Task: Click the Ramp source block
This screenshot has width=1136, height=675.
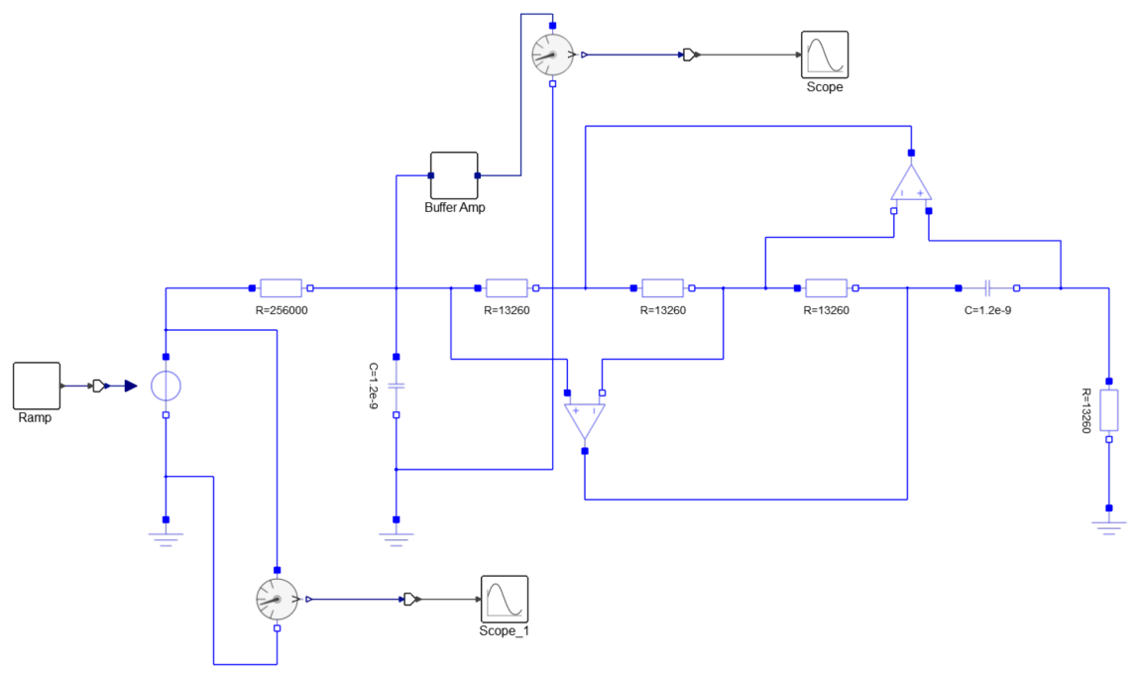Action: click(37, 386)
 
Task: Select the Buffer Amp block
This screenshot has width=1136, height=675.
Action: click(454, 175)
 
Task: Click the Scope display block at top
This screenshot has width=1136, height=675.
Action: click(825, 55)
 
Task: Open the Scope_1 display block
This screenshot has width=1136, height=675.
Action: click(505, 599)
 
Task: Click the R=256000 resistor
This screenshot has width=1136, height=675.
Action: click(281, 288)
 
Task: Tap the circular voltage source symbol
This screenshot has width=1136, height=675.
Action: click(166, 386)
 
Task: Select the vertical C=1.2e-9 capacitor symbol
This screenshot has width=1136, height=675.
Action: click(396, 386)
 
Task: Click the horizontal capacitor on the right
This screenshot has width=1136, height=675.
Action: click(988, 288)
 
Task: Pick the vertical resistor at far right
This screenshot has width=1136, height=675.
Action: click(1109, 409)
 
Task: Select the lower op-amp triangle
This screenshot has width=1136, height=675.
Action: click(585, 420)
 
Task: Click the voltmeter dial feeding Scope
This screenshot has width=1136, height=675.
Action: click(552, 55)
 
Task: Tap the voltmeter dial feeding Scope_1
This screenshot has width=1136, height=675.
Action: click(277, 599)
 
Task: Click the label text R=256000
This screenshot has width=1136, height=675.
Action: click(281, 309)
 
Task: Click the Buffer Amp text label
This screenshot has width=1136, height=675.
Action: click(455, 208)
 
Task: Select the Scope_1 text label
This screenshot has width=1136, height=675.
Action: click(505, 630)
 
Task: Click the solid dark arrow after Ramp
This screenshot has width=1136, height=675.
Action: click(130, 386)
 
